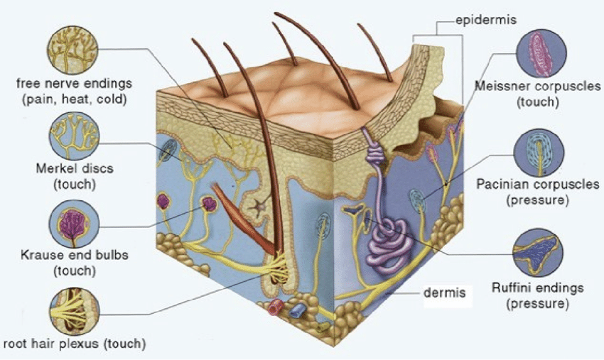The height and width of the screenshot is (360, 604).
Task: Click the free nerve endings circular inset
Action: [72, 50]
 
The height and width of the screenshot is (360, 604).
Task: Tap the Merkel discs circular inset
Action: [75, 136]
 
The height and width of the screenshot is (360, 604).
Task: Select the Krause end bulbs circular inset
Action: [75, 224]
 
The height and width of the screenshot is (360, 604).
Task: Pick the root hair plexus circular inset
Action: [75, 311]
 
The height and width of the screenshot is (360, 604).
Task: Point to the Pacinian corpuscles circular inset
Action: [539, 153]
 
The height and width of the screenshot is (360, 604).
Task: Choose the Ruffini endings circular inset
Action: [538, 253]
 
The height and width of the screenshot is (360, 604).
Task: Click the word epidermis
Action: [486, 20]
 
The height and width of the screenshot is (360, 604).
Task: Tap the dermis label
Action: [445, 293]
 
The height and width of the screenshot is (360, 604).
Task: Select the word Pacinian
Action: [504, 184]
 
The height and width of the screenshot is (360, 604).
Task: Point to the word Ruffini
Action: [510, 288]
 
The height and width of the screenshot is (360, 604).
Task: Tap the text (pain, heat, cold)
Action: [75, 99]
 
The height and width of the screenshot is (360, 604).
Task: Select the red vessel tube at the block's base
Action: [276, 307]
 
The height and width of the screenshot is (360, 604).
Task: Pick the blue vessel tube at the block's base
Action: [297, 310]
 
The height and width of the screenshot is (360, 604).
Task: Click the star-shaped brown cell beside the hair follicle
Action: [258, 207]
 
